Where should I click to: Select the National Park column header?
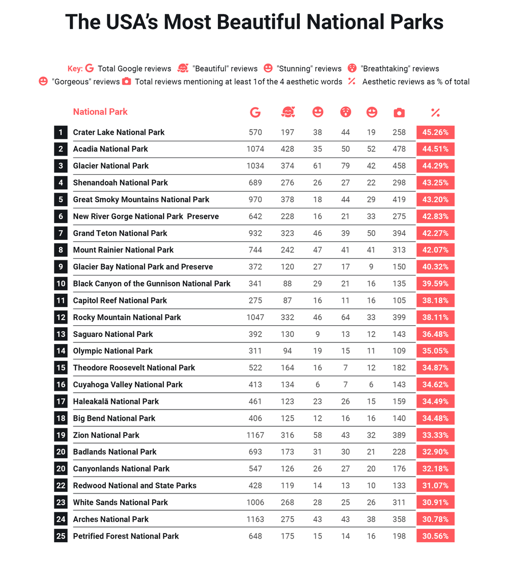point(100,112)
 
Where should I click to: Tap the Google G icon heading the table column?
point(255,113)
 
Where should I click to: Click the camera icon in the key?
point(127,81)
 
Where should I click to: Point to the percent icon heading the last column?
point(435,113)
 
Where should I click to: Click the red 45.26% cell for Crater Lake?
point(435,133)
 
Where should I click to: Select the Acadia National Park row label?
point(110,149)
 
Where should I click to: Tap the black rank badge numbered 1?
point(61,133)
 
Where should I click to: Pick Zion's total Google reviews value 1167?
point(255,435)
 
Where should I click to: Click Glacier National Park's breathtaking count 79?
point(346,166)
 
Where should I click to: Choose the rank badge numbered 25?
point(61,536)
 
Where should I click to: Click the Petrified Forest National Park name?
point(126,536)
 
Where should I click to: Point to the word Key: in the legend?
point(75,69)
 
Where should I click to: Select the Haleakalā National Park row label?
point(116,401)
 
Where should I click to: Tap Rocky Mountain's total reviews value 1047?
point(255,317)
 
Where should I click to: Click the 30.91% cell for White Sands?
point(435,502)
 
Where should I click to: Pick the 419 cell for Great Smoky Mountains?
point(399,199)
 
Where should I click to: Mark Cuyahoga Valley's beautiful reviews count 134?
point(287,385)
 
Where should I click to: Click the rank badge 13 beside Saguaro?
point(61,334)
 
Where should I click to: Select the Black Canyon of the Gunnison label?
point(152,284)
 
